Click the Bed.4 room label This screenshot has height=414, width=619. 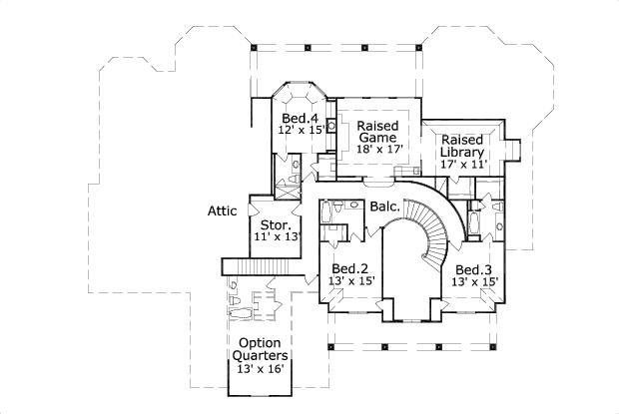point(299,119)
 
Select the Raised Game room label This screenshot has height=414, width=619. point(378,132)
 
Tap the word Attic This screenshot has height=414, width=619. point(222,210)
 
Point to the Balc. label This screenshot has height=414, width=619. point(384,207)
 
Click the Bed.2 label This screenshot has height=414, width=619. point(350,268)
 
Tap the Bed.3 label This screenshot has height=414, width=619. point(473,270)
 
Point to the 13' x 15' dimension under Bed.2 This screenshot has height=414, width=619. point(350,281)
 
